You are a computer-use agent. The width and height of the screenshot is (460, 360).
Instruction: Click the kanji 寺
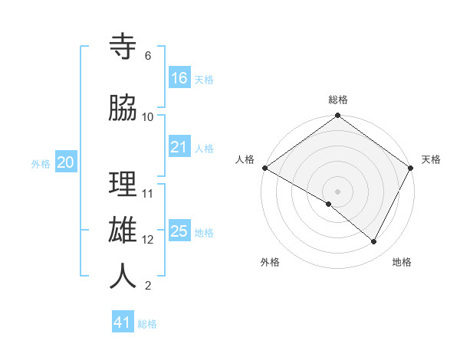[123, 47]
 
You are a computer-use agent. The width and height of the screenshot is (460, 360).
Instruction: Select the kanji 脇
[123, 109]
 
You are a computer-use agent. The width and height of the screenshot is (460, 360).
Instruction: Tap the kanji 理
[123, 184]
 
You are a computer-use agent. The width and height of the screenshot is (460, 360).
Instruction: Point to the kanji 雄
[123, 230]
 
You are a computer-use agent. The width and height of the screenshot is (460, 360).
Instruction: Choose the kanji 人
[123, 276]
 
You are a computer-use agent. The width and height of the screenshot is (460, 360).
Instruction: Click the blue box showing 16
[179, 78]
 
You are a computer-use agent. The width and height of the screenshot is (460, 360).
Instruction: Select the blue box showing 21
[179, 147]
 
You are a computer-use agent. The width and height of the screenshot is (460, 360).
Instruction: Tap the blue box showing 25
[179, 231]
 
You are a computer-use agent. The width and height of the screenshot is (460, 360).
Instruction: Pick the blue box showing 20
[66, 162]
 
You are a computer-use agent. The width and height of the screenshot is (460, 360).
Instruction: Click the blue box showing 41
[123, 322]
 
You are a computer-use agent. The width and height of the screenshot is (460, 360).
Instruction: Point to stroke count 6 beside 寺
[147, 56]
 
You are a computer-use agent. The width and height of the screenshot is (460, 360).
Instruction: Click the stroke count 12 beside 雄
[148, 239]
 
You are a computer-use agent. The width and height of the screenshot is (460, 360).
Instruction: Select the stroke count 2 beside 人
[147, 286]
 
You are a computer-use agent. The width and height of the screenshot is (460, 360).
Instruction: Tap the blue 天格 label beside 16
[204, 80]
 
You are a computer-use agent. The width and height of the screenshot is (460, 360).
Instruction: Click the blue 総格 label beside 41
[147, 324]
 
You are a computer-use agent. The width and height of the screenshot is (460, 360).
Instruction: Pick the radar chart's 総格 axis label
[337, 100]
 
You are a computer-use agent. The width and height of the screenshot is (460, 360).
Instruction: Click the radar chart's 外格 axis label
[270, 262]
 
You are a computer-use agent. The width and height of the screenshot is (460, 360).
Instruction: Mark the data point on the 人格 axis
[264, 168]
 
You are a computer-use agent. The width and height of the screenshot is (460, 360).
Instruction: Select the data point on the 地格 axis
[374, 241]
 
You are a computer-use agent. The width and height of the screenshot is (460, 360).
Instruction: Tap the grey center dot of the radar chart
[337, 191]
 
